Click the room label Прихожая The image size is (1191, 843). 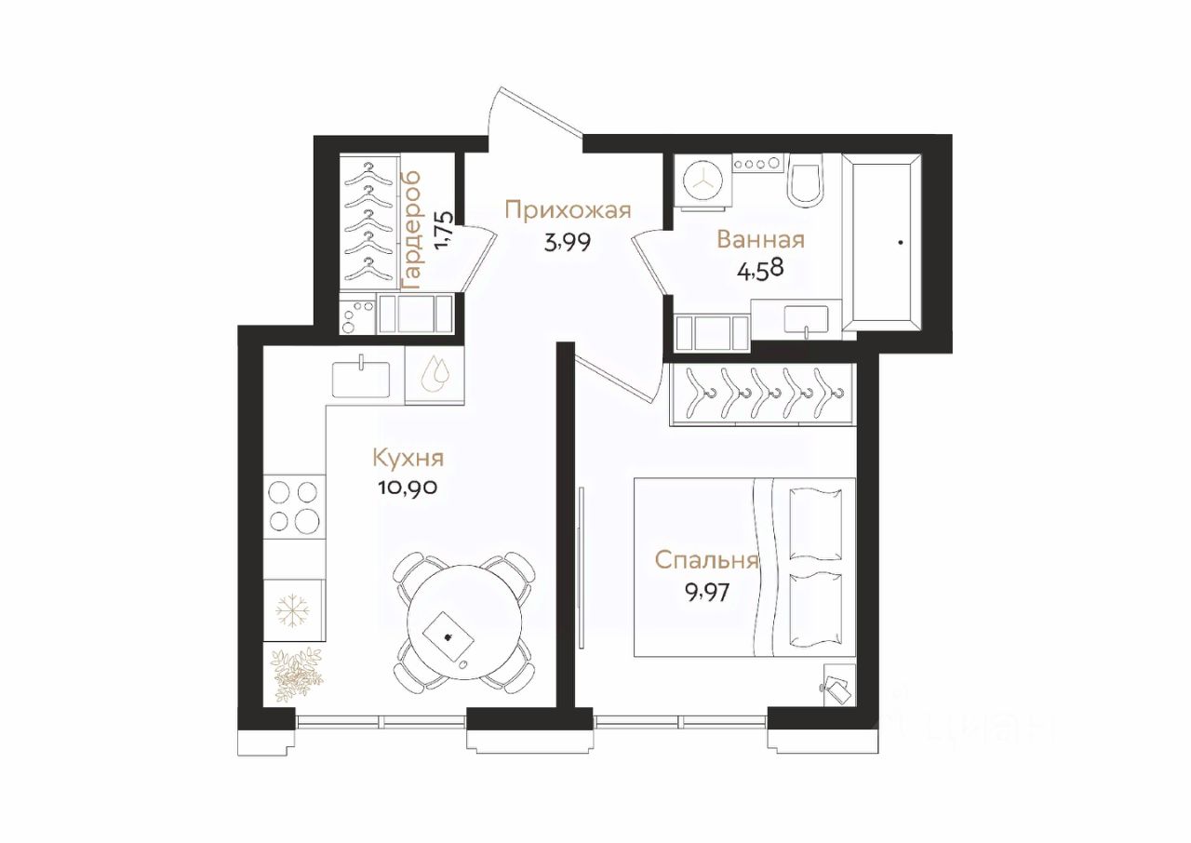568,210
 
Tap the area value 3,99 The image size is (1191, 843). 568,243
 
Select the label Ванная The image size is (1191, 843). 760,240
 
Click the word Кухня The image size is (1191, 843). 408,458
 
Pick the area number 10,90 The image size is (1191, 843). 408,488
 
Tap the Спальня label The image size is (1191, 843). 706,560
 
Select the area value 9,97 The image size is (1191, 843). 706,591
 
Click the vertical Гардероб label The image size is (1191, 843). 411,231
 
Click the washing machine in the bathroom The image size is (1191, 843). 703,181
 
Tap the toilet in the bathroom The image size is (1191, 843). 805,181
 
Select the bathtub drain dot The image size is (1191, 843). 901,243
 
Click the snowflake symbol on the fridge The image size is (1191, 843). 293,610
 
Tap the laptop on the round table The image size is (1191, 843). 448,636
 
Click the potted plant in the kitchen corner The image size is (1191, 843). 297,675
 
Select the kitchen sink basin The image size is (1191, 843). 361,379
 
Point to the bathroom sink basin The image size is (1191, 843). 806,320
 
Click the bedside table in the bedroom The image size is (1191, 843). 839,685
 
